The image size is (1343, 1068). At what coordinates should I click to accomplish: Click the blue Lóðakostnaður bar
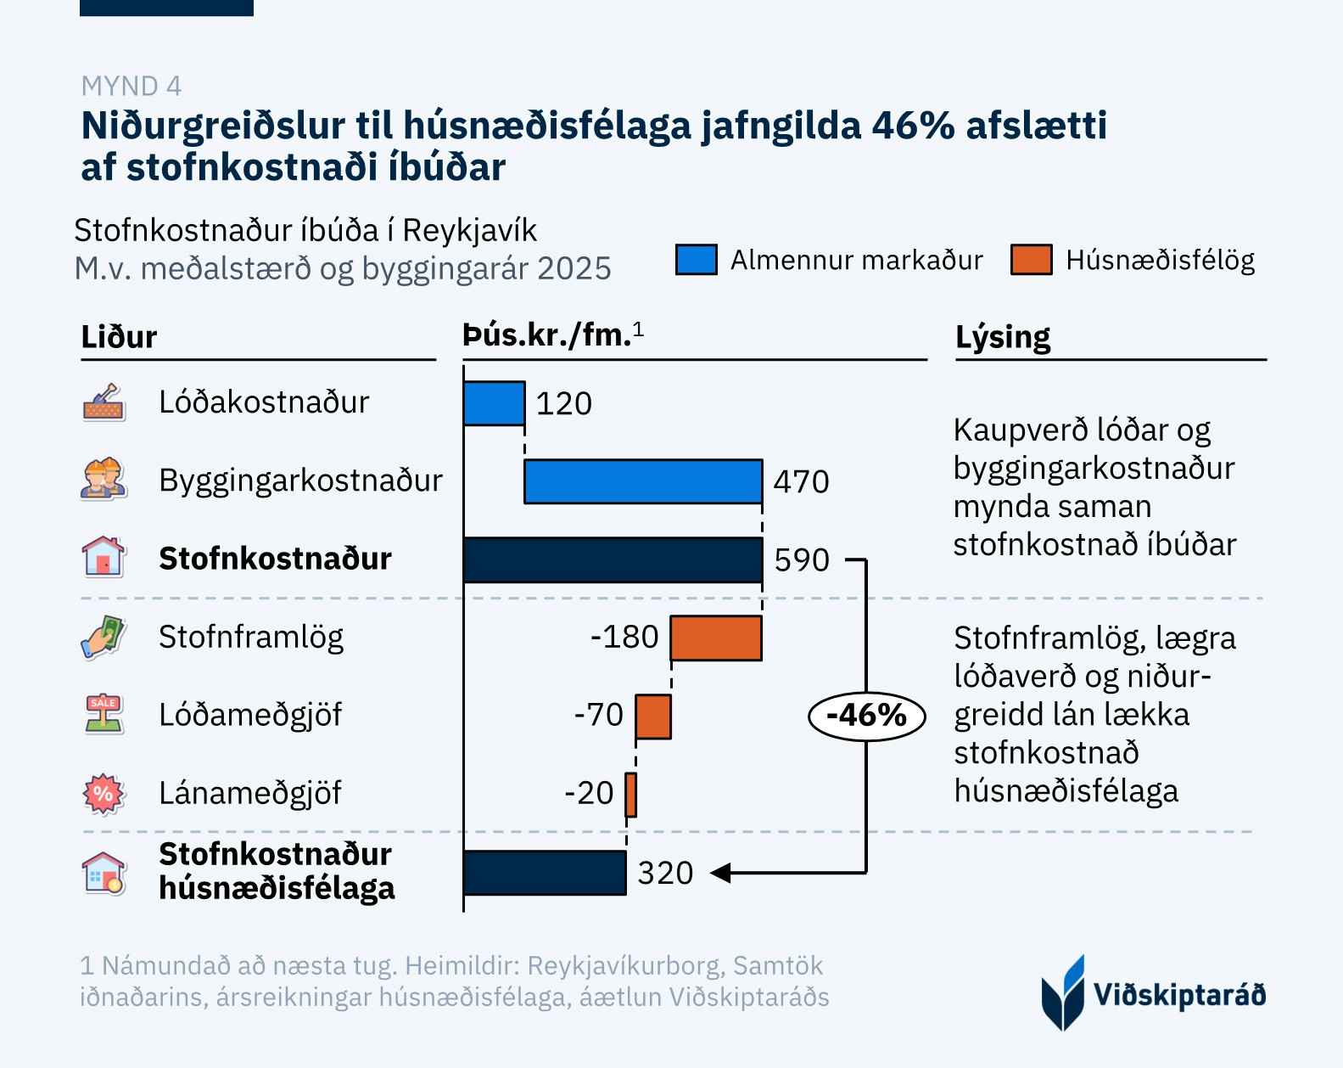(x=494, y=403)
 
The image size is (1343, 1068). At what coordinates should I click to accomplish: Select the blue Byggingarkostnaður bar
(x=642, y=481)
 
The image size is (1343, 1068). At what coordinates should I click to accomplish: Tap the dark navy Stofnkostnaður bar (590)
(x=613, y=559)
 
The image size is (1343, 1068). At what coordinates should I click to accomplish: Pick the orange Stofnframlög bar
(x=715, y=638)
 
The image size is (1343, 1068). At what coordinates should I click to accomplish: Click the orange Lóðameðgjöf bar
(x=653, y=716)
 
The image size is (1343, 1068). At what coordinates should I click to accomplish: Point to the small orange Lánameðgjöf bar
(x=630, y=794)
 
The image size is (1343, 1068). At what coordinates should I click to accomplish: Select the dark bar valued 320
(x=545, y=872)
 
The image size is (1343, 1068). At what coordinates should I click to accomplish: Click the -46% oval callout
(x=865, y=716)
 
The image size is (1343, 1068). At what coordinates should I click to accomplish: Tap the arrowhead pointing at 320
(x=719, y=872)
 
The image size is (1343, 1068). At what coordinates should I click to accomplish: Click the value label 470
(x=801, y=481)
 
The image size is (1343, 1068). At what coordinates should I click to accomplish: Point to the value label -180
(x=624, y=638)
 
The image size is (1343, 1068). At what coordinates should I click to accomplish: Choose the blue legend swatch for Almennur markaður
(x=696, y=260)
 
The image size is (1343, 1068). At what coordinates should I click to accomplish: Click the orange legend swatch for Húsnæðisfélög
(x=1031, y=260)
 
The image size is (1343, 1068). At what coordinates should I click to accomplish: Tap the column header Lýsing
(x=1003, y=337)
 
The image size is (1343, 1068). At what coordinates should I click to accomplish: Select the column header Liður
(x=119, y=337)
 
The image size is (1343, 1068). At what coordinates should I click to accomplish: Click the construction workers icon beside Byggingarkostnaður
(x=104, y=480)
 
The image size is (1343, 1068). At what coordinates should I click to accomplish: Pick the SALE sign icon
(x=104, y=714)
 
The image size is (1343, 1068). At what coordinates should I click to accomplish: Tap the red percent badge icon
(x=104, y=794)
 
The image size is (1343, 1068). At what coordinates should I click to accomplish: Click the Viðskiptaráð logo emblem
(x=1063, y=993)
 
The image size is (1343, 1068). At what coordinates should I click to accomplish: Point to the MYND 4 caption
(x=131, y=86)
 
